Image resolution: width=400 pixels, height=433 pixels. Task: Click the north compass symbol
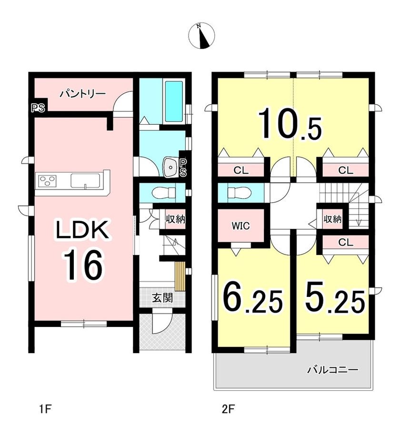click(201, 36)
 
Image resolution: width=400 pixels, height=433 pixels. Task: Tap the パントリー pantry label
click(83, 94)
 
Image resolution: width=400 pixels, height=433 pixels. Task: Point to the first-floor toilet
click(164, 193)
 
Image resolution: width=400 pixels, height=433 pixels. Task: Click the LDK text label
click(82, 229)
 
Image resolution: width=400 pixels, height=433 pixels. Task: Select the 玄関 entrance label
click(162, 298)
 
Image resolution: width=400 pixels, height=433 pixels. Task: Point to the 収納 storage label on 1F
click(175, 219)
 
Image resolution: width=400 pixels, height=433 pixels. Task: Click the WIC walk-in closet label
click(240, 226)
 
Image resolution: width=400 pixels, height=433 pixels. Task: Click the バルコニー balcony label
click(333, 370)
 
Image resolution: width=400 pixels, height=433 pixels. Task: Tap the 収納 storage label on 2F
click(333, 219)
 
